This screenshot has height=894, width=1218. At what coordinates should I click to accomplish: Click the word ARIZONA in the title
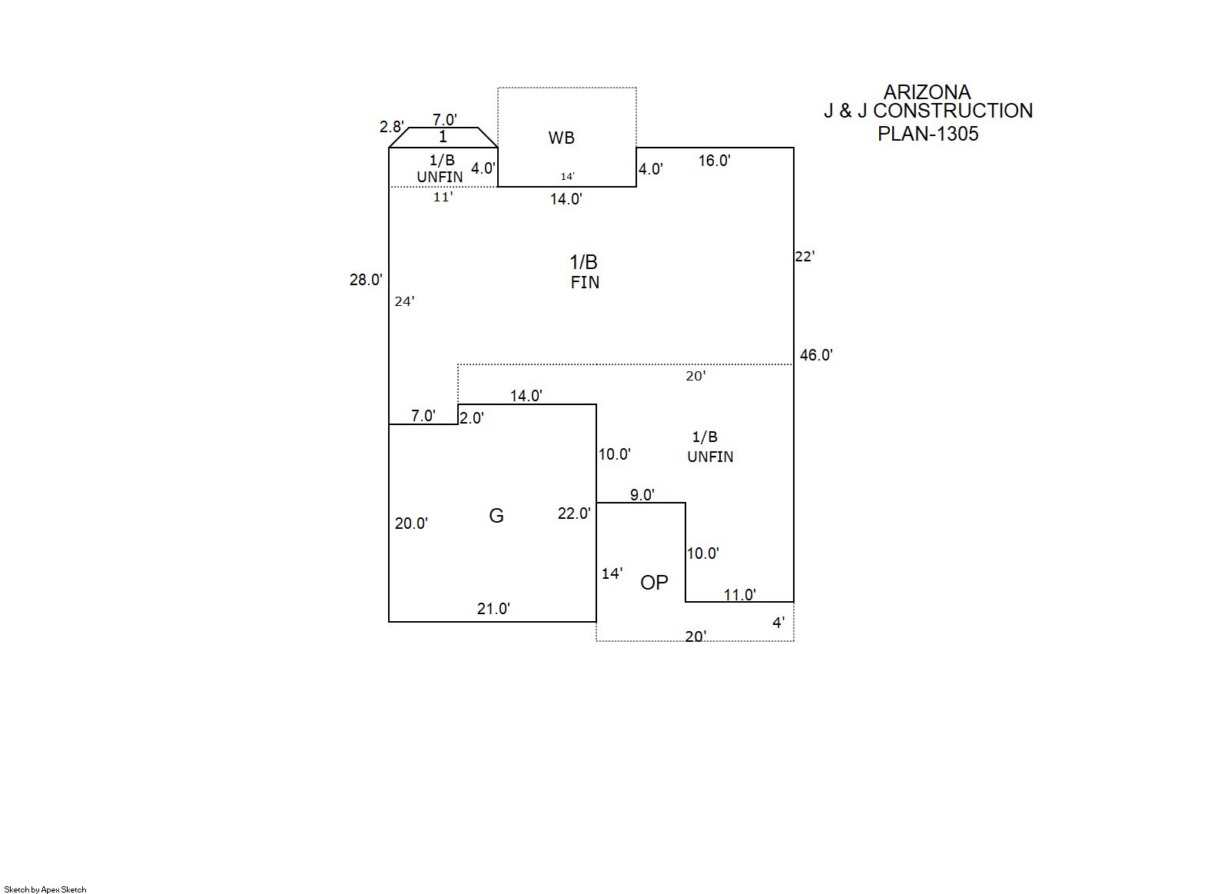pyautogui.click(x=927, y=92)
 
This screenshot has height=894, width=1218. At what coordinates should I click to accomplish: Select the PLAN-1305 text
pyautogui.click(x=928, y=134)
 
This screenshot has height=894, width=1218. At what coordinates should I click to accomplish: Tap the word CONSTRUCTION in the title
pyautogui.click(x=953, y=111)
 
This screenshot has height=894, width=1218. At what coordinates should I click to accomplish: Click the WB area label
pyautogui.click(x=561, y=138)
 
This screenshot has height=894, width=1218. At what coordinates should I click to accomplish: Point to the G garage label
pyautogui.click(x=496, y=516)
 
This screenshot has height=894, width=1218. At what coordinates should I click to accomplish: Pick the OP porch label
pyautogui.click(x=654, y=583)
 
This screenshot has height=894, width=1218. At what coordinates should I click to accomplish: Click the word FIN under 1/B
pyautogui.click(x=585, y=283)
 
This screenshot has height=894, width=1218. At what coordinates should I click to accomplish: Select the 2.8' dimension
pyautogui.click(x=391, y=127)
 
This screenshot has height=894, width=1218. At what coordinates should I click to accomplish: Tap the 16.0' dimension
pyautogui.click(x=714, y=161)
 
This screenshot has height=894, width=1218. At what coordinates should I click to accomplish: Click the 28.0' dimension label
pyautogui.click(x=366, y=280)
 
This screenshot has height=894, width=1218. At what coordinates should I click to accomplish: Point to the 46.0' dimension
pyautogui.click(x=816, y=355)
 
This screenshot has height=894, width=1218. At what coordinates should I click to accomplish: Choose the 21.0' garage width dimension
pyautogui.click(x=493, y=609)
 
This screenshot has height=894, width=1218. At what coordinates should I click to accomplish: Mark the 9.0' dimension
pyautogui.click(x=642, y=495)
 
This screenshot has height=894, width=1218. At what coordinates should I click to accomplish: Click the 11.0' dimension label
pyautogui.click(x=739, y=595)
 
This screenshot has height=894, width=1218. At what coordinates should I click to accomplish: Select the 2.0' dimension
pyautogui.click(x=471, y=418)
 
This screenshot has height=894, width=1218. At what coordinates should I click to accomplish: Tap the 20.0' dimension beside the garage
pyautogui.click(x=411, y=523)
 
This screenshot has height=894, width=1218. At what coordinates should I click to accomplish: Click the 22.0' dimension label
pyautogui.click(x=574, y=513)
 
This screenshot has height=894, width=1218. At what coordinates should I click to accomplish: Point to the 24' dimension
pyautogui.click(x=404, y=301)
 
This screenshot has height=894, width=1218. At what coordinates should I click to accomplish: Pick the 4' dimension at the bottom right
pyautogui.click(x=778, y=623)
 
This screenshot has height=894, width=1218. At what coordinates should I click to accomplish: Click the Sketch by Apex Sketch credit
pyautogui.click(x=45, y=889)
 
